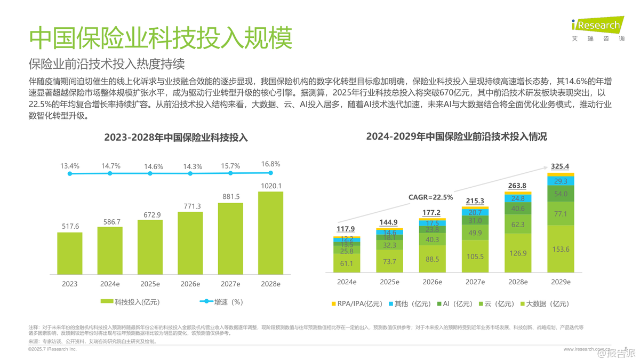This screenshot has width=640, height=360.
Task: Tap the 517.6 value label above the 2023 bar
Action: [x=70, y=226]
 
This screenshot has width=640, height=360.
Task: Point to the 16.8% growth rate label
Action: [x=271, y=164]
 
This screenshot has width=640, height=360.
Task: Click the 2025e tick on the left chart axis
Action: [x=150, y=283]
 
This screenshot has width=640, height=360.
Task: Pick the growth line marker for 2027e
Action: [x=230, y=173]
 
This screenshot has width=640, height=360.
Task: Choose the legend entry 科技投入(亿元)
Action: [x=130, y=302]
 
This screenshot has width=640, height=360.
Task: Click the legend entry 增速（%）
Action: [x=222, y=302]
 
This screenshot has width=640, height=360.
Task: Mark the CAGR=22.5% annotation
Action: [x=430, y=197]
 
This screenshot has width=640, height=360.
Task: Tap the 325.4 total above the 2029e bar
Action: [x=559, y=166]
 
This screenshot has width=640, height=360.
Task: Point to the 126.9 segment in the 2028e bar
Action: [x=518, y=253]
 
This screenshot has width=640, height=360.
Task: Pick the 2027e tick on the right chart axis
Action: [x=475, y=282]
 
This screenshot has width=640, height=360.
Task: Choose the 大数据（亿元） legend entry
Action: [x=543, y=303]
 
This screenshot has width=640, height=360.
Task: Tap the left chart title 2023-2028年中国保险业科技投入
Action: [x=176, y=138]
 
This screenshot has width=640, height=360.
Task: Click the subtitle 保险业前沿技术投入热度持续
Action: [x=106, y=64]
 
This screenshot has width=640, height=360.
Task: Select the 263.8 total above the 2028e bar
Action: [x=517, y=186]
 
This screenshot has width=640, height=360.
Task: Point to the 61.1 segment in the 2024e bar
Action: [x=346, y=263]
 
